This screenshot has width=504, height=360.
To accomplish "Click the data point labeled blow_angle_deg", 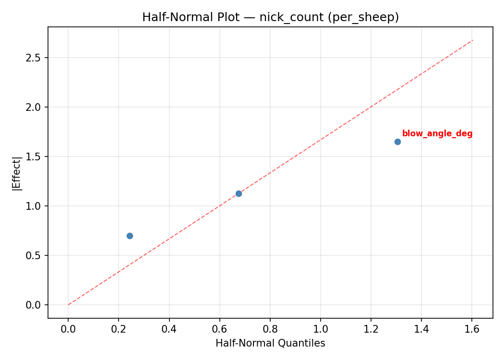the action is (397, 142).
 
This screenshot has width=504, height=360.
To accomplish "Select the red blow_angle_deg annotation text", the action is (437, 134).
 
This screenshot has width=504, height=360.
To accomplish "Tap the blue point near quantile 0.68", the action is (239, 193).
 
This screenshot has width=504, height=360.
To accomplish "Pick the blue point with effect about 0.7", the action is (130, 236).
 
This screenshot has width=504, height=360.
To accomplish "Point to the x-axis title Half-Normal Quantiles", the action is (270, 343).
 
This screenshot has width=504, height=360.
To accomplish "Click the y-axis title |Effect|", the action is (17, 173).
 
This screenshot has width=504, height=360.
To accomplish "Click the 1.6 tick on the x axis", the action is (472, 329).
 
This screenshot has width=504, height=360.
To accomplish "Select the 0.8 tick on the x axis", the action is (270, 329).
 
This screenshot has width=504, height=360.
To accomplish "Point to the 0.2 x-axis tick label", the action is (119, 329).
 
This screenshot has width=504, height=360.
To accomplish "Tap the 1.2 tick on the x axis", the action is (371, 329).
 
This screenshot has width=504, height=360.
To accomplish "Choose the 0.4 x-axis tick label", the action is (169, 329).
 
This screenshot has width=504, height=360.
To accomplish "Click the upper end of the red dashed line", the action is (473, 40).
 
